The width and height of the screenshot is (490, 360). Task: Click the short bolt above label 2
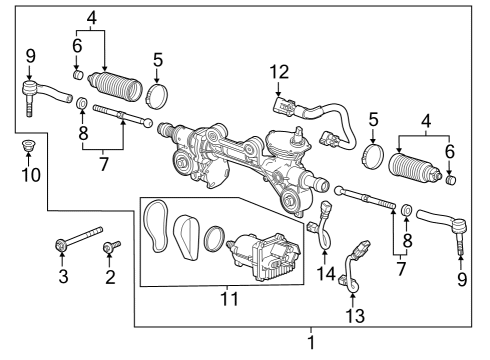[110, 245]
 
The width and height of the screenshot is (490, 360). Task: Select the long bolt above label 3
[76, 241]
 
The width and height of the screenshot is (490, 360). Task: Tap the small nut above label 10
[27, 149]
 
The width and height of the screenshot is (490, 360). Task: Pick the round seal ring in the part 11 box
[213, 241]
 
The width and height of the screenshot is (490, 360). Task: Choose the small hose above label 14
[323, 222]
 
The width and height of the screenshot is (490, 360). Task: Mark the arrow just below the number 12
[278, 88]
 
